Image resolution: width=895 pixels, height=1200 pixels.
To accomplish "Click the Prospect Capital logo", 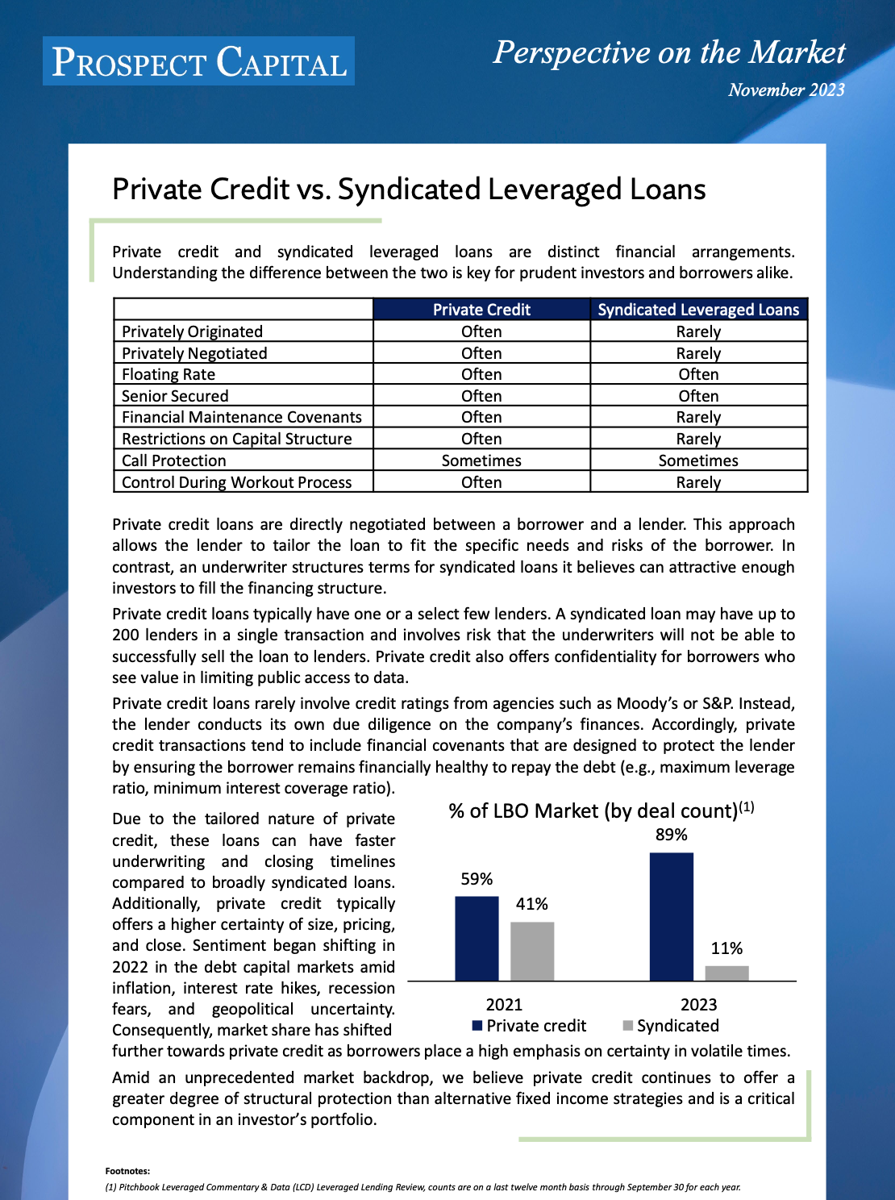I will click(198, 61).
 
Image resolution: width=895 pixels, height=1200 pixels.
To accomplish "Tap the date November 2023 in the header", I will click(785, 90).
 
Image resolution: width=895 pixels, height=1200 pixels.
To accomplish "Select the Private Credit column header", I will click(481, 310).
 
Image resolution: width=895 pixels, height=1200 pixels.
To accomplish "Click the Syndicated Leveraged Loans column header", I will click(698, 310).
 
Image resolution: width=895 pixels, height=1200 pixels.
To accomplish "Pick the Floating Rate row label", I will click(169, 374).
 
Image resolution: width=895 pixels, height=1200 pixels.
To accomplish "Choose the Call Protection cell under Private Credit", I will click(481, 460).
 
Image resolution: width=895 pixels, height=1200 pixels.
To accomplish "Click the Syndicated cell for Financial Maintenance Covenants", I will click(698, 417).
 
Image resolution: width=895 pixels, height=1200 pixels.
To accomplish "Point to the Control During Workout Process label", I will click(236, 482).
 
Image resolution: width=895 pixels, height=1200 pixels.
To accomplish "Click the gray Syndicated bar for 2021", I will click(532, 951).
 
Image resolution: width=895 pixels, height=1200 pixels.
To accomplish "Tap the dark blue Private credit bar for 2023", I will click(671, 916).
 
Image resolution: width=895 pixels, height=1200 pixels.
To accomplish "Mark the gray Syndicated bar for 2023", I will click(726, 973).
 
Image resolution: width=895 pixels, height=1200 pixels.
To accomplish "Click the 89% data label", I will click(671, 835).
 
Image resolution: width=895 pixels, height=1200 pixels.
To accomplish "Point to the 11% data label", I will click(726, 948).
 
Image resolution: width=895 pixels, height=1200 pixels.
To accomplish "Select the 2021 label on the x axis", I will click(504, 1004).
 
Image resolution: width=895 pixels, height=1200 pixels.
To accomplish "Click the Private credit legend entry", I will click(530, 1026).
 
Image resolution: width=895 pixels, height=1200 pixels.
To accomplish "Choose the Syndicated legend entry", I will click(671, 1026).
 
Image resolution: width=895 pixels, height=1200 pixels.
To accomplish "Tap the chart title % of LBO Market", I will click(601, 810).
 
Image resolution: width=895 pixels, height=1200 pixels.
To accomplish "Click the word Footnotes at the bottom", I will click(127, 1171).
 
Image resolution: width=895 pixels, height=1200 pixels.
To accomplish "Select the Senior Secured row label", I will click(175, 396).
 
